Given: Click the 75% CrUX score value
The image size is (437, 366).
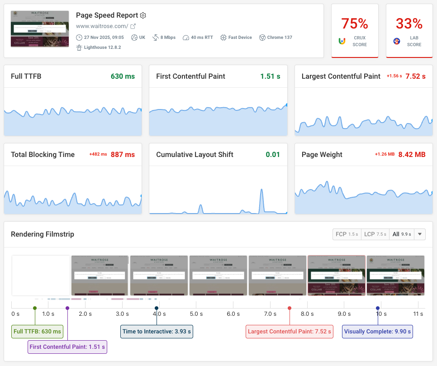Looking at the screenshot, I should coord(354,23).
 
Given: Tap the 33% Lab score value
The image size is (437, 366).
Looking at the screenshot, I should coord(409,23).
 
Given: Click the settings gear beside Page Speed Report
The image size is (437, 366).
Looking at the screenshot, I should coord(143,15).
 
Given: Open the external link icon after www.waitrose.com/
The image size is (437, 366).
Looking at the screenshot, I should coord(133,26).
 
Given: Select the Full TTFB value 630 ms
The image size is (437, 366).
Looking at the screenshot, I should coord(123,76).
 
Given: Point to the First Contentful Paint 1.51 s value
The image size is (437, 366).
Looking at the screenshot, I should coord(270,76).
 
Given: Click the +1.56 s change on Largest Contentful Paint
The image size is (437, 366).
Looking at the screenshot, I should coord(394,76).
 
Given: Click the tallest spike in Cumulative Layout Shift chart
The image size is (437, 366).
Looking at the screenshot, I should coord(261,191).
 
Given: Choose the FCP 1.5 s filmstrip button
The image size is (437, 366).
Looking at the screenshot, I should coord(346,234).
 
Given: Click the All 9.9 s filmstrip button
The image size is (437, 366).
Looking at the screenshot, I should coord(401,234).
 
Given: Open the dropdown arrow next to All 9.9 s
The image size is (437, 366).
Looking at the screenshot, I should coord(420,234).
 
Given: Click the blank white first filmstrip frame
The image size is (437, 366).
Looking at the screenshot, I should coord(41,275).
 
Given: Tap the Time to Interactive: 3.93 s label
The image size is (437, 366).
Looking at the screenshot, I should coord(157,332).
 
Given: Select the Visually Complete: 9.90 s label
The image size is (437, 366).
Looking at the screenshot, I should coord(377,332).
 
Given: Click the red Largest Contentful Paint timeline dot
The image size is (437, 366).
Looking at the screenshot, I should coord(290,308).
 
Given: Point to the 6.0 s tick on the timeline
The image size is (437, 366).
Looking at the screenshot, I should coord(233,314).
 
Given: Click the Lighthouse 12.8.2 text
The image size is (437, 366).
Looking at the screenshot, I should coord(102,47).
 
